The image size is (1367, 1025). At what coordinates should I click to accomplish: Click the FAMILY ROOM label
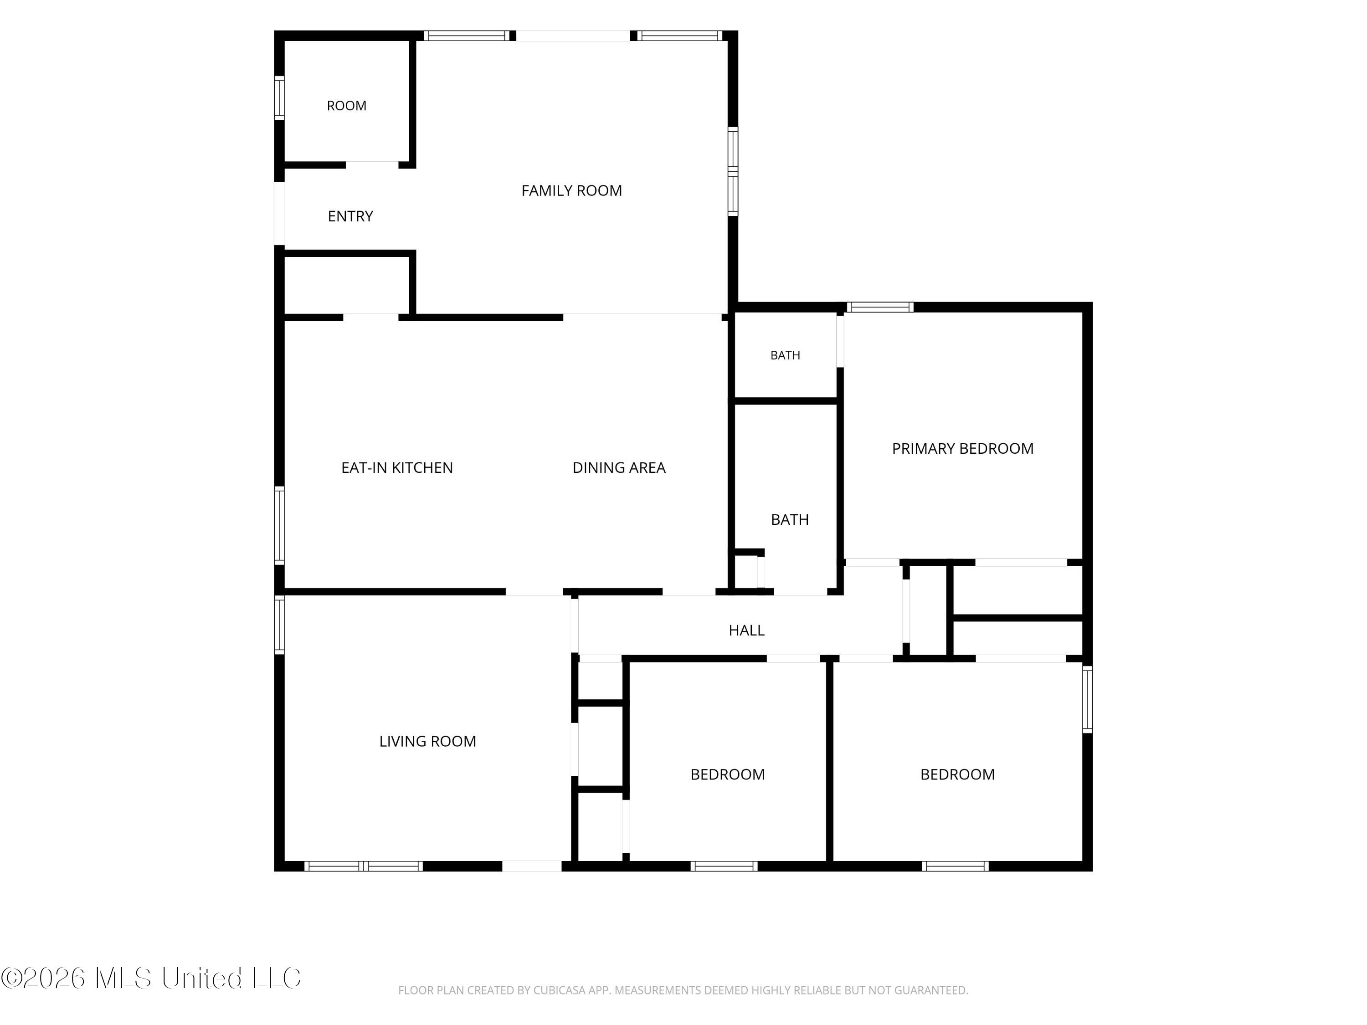tap(572, 191)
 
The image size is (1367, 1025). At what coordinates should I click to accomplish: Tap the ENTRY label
tap(350, 216)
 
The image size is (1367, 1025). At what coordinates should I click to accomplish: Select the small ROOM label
tap(347, 106)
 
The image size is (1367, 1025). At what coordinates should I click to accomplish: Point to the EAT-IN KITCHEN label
tap(397, 468)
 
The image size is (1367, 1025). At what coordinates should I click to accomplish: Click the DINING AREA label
tap(619, 468)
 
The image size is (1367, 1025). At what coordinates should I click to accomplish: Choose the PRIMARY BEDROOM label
tap(963, 449)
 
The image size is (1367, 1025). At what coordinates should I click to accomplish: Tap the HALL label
tap(746, 630)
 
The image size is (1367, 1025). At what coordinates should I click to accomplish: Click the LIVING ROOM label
tap(428, 741)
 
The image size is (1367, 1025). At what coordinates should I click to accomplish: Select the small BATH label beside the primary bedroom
tap(786, 355)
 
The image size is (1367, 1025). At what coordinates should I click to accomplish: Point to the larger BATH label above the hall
tap(790, 520)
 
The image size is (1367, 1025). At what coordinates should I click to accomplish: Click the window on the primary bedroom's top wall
tap(879, 307)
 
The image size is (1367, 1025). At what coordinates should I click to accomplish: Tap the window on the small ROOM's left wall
tap(279, 97)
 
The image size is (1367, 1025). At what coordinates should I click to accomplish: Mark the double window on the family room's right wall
tap(733, 171)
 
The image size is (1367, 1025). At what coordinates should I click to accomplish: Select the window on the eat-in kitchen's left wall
tap(279, 526)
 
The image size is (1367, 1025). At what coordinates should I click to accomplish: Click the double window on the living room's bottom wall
tap(363, 866)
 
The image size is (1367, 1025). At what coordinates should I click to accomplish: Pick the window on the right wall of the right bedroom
tap(1088, 699)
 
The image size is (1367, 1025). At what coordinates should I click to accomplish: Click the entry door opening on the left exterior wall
tap(279, 213)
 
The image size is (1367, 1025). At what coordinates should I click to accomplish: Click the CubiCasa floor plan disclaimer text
tap(683, 990)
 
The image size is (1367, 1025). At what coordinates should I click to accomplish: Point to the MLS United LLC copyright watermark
tap(151, 978)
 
